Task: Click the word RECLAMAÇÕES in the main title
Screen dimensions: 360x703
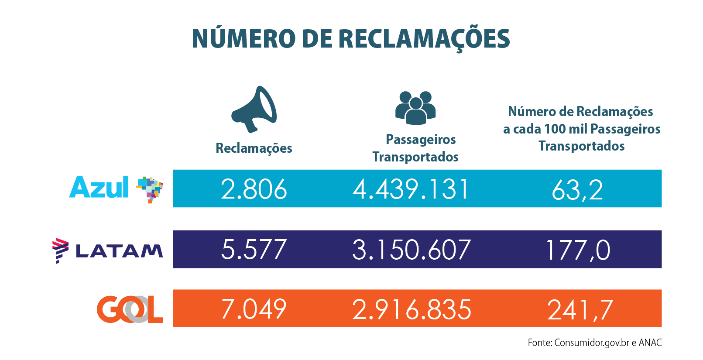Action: click(x=424, y=39)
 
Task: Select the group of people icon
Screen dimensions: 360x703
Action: click(x=415, y=108)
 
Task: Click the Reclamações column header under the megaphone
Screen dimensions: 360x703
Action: click(x=254, y=148)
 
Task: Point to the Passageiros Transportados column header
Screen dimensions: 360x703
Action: click(x=416, y=148)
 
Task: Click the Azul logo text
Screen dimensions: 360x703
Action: click(x=99, y=188)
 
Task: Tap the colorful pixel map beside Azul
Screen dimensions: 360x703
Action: click(x=150, y=189)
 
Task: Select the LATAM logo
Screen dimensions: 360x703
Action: click(x=107, y=250)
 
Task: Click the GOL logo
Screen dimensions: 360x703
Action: click(x=130, y=309)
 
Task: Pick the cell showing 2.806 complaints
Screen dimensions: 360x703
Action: click(x=254, y=189)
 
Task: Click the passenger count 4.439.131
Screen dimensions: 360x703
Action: click(x=411, y=189)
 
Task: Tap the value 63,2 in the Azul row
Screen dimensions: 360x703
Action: click(x=577, y=190)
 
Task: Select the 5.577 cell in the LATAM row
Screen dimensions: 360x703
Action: click(x=254, y=250)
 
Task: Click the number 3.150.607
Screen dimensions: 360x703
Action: click(x=411, y=250)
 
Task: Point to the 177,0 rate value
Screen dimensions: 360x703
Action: click(x=577, y=250)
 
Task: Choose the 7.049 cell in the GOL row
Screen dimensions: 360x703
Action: click(x=254, y=309)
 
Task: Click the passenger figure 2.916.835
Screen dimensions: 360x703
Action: click(x=412, y=309)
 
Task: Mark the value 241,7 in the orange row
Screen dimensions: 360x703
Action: click(x=580, y=310)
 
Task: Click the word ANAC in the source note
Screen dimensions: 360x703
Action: click(x=650, y=343)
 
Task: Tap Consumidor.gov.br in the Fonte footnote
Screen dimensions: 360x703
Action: click(x=592, y=343)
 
